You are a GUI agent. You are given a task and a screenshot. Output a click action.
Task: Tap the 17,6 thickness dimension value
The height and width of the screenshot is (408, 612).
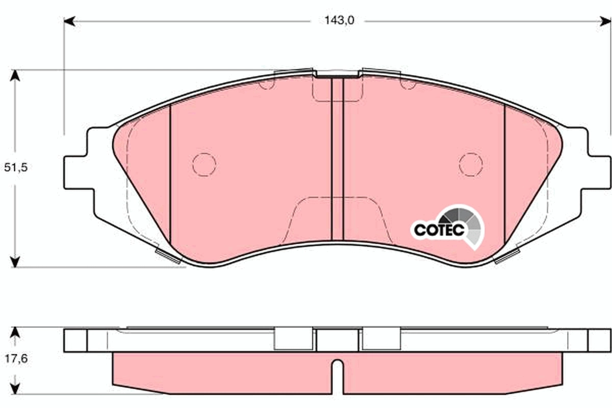click(15, 359)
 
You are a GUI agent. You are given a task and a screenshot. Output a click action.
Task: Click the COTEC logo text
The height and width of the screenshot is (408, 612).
click(438, 229)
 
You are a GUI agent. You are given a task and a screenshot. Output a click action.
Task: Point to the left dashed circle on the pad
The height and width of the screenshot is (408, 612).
click(204, 164)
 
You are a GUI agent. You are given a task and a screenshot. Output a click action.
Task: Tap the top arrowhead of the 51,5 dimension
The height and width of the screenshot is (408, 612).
click(16, 75)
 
